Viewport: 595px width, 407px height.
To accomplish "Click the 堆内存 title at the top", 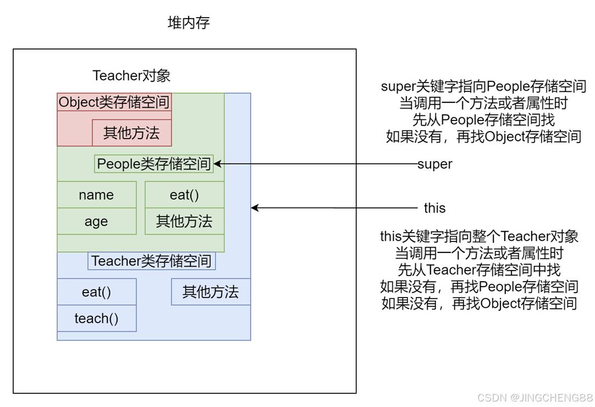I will tap(189, 23).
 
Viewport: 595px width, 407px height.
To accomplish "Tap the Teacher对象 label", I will tap(131, 75).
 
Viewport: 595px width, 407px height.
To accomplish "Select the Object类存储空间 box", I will tap(114, 102).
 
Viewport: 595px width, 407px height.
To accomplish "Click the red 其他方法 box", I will tap(131, 133).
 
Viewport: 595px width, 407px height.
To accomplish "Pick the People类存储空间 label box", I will tap(153, 163).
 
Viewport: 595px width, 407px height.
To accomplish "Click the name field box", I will tap(96, 195).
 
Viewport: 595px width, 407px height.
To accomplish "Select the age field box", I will tap(96, 221).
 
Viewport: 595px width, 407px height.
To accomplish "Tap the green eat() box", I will tap(184, 195).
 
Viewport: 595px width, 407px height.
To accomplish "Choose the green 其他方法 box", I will tap(184, 221).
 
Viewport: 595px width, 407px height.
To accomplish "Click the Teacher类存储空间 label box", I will tap(151, 261).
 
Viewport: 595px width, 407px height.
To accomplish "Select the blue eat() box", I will tap(96, 291).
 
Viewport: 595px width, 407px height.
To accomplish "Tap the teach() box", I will tap(96, 318).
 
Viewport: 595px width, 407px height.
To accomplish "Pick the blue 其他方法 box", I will tap(211, 291).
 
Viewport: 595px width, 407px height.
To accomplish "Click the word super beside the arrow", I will tap(435, 164).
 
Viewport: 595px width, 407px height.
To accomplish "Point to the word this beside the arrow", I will tap(434, 208).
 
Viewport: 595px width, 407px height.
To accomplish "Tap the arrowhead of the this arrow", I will tap(255, 208).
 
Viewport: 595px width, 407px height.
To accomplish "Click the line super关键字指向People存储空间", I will tap(483, 86).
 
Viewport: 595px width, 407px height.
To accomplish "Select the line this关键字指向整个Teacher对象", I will tap(479, 237).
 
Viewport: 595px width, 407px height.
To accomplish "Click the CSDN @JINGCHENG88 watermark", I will tap(535, 398).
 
